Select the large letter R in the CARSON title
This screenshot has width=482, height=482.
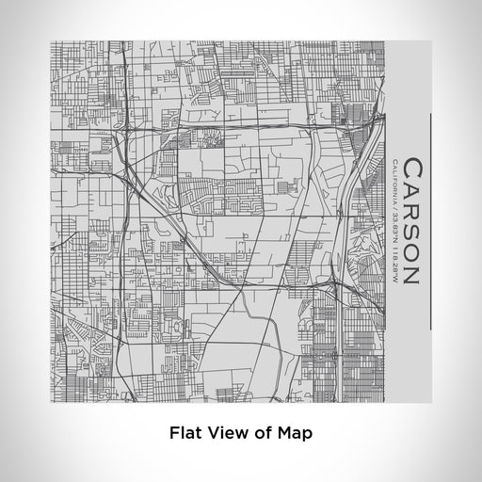(x=414, y=216)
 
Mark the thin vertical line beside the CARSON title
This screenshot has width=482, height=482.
(x=431, y=222)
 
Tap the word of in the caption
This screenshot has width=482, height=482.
(x=261, y=434)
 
